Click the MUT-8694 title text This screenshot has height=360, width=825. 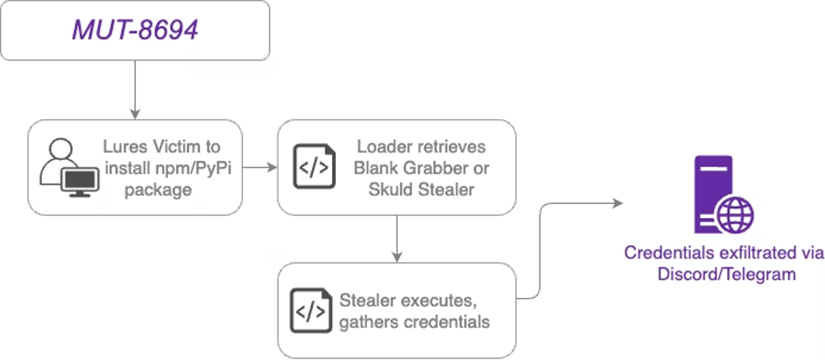point(135,31)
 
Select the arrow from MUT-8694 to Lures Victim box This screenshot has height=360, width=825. point(135,88)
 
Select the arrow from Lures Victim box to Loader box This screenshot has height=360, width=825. point(259,167)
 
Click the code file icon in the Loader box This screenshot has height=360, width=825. point(314,167)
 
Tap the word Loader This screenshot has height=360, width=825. point(383,147)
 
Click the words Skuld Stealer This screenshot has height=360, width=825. point(421,189)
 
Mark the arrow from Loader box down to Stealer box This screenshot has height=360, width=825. point(397,238)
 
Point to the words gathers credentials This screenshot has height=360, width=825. point(414,321)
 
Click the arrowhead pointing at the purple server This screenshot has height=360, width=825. point(618,203)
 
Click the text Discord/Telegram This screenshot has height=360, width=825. point(726,274)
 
